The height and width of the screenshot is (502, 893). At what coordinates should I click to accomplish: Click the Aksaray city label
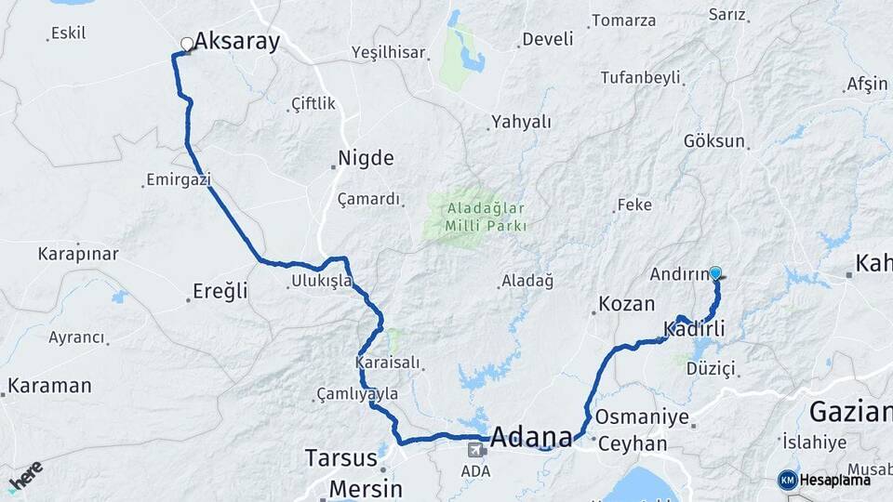[236, 42]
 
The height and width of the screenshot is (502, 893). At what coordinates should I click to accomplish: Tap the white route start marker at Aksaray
[187, 44]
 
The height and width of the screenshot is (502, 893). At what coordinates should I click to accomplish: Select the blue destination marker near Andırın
[715, 273]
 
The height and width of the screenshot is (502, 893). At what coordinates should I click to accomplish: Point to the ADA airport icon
[475, 451]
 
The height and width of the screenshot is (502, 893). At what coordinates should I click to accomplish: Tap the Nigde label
[366, 158]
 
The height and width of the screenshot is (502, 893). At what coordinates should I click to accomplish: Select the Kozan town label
[626, 304]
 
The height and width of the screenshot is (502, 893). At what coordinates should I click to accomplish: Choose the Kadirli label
[694, 328]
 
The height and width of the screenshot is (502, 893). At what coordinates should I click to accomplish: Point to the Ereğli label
[220, 292]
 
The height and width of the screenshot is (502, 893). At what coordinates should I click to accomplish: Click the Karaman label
[50, 385]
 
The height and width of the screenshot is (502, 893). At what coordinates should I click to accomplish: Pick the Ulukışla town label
[321, 280]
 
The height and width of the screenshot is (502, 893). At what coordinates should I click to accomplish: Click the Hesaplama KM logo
[824, 480]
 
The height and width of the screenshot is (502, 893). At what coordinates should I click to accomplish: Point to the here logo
[25, 476]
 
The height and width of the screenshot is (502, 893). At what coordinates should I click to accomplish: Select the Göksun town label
[714, 141]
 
